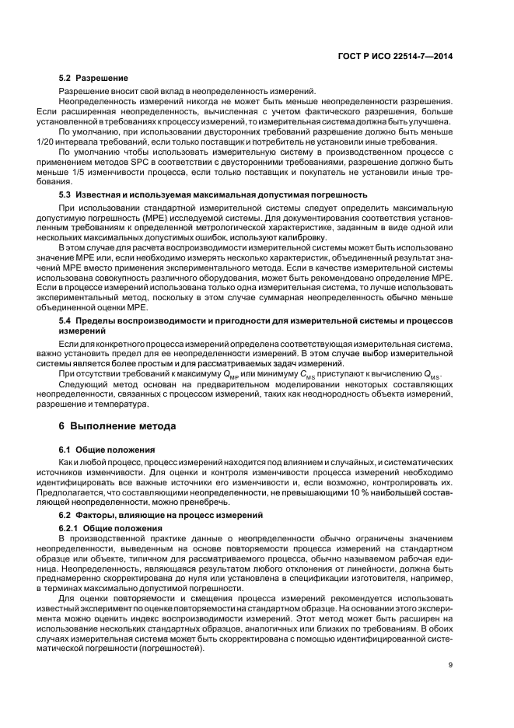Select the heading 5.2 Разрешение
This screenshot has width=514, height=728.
click(94, 78)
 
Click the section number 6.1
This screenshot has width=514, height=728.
click(68, 450)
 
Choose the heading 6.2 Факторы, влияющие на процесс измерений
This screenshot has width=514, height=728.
click(165, 516)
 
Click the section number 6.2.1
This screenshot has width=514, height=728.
click(72, 529)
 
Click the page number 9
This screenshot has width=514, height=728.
click(451, 663)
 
